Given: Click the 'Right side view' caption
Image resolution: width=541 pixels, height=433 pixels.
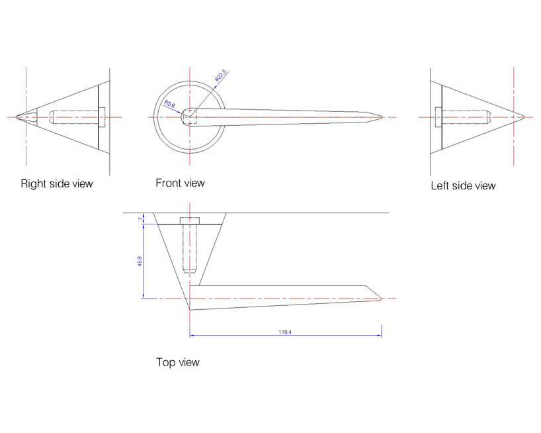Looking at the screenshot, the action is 57,183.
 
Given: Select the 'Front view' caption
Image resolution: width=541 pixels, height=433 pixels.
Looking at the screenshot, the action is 180,183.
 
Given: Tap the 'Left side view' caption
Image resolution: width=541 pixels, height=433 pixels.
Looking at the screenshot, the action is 463,186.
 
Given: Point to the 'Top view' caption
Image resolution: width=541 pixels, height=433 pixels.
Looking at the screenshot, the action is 178,362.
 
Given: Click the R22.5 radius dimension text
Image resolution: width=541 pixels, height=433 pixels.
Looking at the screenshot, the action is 220,75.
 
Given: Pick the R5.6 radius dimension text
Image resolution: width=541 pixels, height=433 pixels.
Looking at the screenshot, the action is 169,104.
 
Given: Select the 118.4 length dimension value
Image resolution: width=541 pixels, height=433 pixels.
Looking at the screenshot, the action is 285,332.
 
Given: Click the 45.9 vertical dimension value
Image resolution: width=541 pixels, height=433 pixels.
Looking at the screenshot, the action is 140,261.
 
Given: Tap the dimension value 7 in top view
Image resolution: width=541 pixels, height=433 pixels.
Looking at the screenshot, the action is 140,218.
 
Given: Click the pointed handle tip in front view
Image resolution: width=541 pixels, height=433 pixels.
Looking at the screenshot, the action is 382,117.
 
